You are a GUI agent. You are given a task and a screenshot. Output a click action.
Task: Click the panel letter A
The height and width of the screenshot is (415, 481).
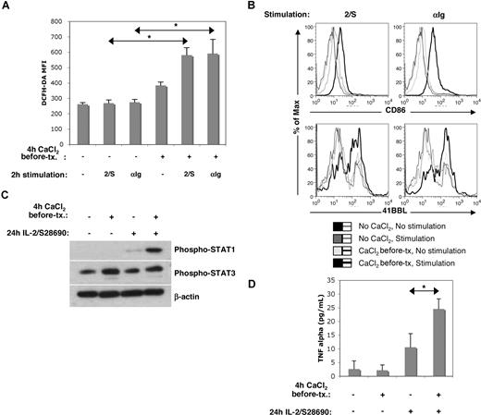click(x=7, y=8)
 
